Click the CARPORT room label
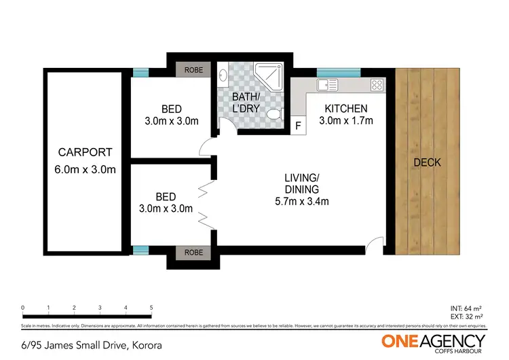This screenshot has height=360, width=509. (85, 152)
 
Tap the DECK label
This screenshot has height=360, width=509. (427, 162)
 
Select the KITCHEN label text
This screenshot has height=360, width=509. (345, 109)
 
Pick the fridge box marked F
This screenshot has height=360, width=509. (297, 126)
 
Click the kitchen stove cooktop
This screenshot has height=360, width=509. (377, 86)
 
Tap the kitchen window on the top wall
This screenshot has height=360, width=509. (334, 73)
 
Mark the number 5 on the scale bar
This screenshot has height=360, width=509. (151, 308)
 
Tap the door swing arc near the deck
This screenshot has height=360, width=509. (373, 245)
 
